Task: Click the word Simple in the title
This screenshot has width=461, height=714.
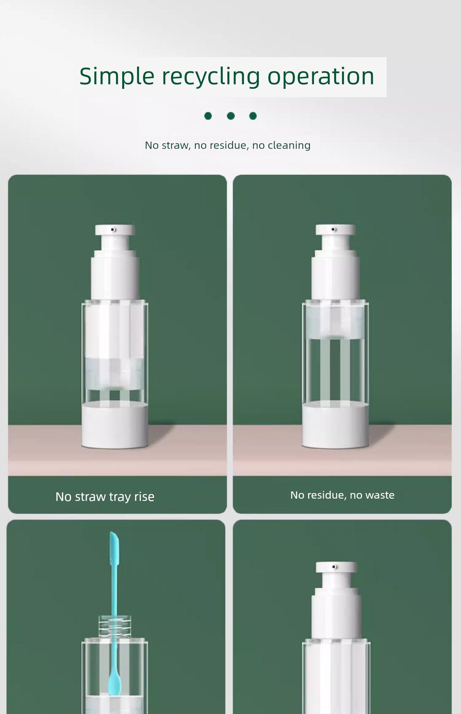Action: [x=117, y=77]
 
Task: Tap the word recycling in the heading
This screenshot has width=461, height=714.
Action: [x=211, y=77]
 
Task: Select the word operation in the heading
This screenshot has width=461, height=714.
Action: [x=321, y=76]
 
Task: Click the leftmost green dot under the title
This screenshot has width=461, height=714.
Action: [x=208, y=116]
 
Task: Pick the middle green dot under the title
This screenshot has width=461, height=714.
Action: [x=231, y=116]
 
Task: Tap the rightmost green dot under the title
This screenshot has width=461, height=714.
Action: [x=253, y=116]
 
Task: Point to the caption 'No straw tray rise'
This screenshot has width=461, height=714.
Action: [x=105, y=497]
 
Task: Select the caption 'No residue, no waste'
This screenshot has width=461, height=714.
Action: [x=342, y=495]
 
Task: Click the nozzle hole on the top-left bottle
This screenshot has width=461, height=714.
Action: [x=113, y=229]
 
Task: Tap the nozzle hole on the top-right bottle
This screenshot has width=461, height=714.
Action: [x=334, y=229]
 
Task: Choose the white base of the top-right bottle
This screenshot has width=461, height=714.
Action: [x=336, y=425]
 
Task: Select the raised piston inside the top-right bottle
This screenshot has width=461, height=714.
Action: [x=336, y=323]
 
